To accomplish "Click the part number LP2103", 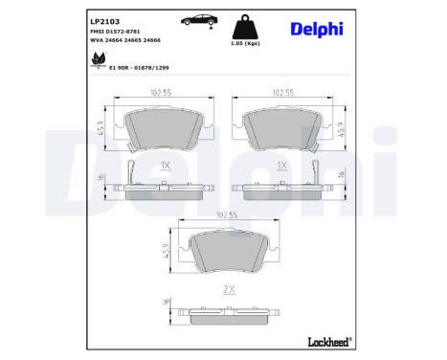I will (103, 20).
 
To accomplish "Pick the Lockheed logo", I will (325, 340).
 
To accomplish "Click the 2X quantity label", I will (227, 287).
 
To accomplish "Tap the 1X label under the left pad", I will (165, 165).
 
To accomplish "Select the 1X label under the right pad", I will (281, 165).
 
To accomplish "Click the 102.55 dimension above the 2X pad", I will (227, 216).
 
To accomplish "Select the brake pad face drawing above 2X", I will (227, 253).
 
